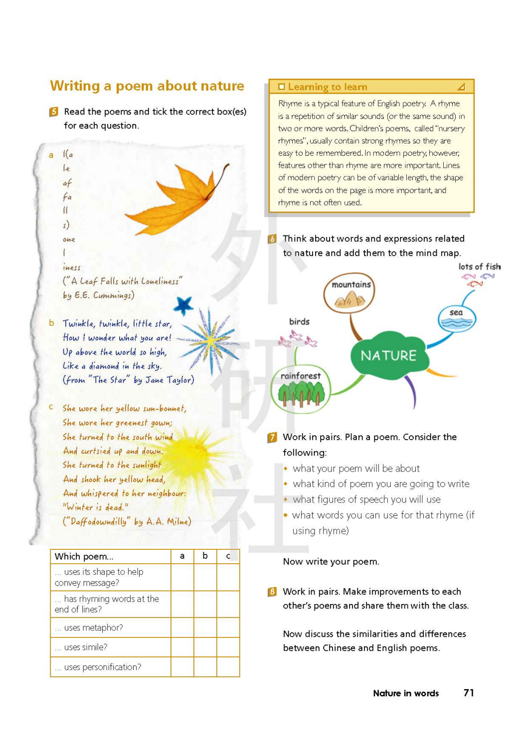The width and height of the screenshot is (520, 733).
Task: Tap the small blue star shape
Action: tap(183, 304)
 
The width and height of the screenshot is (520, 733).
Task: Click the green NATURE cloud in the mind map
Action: tap(389, 355)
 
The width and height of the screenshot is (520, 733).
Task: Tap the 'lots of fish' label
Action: tap(479, 267)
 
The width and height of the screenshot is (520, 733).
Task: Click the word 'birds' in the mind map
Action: tap(299, 322)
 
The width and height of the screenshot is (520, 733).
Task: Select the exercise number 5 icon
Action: tap(54, 112)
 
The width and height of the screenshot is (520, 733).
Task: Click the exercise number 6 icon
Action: tap(272, 239)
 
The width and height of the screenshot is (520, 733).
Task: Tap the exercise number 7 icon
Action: tap(272, 437)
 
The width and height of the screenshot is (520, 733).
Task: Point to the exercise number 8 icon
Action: tap(272, 592)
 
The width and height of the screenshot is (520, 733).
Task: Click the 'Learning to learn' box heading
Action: tap(327, 87)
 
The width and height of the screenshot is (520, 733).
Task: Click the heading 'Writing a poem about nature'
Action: tap(147, 86)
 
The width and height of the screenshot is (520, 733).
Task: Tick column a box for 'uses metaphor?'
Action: tap(182, 627)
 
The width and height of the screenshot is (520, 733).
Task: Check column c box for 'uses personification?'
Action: tap(228, 667)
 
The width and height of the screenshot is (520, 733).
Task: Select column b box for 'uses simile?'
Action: tap(205, 647)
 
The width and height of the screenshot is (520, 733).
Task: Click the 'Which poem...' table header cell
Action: tap(110, 556)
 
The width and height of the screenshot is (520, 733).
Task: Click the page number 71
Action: tap(468, 693)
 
